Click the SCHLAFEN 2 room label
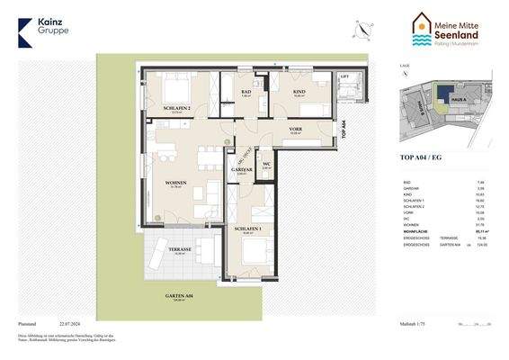coord(176,108)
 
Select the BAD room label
coord(246,92)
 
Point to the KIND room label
coord(299,92)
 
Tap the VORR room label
coord(295,130)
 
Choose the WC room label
coord(266,163)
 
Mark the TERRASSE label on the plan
coord(177,249)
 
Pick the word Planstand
coord(27,322)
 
